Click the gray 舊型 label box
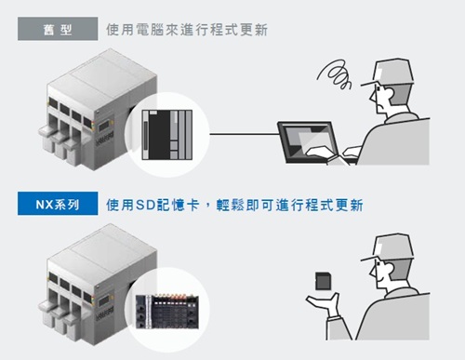click(58, 29)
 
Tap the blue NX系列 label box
click(58, 204)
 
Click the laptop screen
click(308, 140)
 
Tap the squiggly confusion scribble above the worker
click(335, 73)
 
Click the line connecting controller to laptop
click(244, 134)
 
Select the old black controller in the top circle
click(167, 135)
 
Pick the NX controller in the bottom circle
click(167, 312)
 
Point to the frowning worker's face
click(380, 99)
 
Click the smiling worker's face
click(380, 273)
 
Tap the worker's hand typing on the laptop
click(319, 152)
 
